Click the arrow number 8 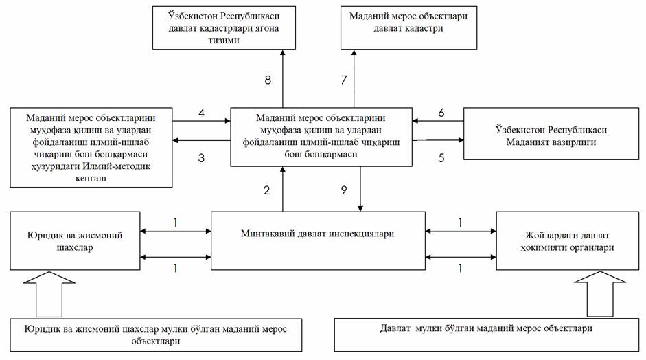click(x=267, y=80)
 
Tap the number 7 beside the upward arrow click(x=344, y=80)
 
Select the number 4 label click(x=201, y=113)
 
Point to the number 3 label click(x=201, y=157)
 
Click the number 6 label click(x=441, y=113)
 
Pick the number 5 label click(x=441, y=157)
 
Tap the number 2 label click(x=267, y=191)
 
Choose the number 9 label click(x=344, y=191)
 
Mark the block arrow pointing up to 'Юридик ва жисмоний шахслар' click(x=44, y=295)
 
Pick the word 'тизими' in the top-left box click(x=225, y=41)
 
